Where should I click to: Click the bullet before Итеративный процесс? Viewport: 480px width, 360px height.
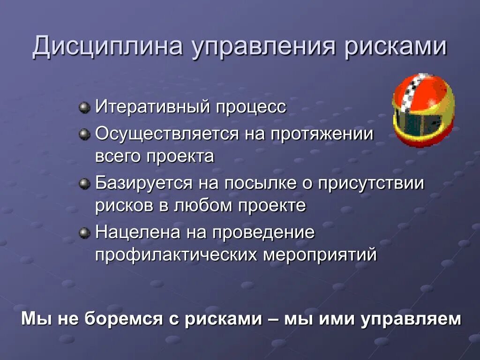(x=84, y=107)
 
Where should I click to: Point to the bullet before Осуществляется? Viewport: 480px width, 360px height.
(x=84, y=135)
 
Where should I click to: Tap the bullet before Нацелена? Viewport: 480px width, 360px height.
(x=84, y=233)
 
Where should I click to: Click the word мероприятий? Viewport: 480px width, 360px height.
(x=320, y=255)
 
